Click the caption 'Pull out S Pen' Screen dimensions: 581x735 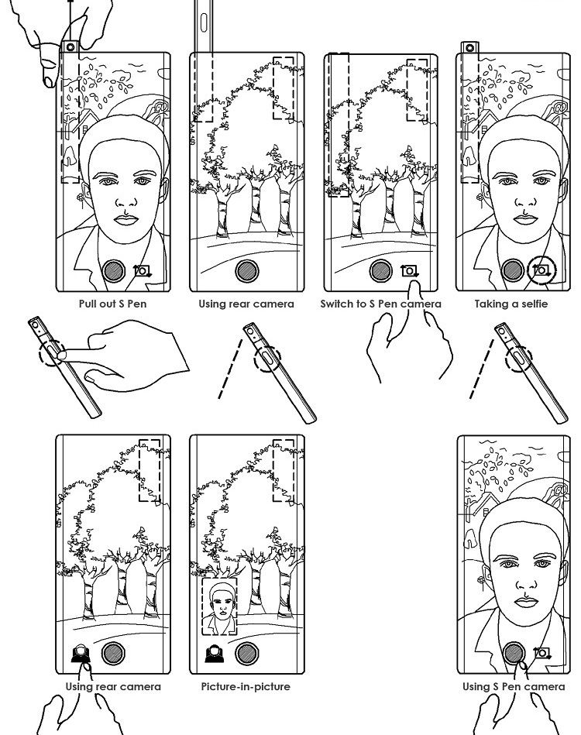pyautogui.click(x=112, y=304)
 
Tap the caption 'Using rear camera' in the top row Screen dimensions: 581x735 pyautogui.click(x=246, y=304)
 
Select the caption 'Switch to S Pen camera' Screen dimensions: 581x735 pyautogui.click(x=381, y=304)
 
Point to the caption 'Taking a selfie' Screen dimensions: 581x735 pyautogui.click(x=511, y=304)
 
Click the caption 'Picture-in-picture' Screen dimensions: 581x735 pyautogui.click(x=246, y=687)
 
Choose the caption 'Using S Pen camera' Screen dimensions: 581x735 pyautogui.click(x=514, y=687)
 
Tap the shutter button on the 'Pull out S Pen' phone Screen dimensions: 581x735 pyautogui.click(x=113, y=271)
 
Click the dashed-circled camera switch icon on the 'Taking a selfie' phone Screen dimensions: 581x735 pyautogui.click(x=541, y=270)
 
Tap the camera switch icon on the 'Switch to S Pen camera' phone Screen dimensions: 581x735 pyautogui.click(x=410, y=271)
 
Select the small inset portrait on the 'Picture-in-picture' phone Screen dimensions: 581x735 pyautogui.click(x=219, y=606)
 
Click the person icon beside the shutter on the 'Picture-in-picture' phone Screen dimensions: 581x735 pyautogui.click(x=215, y=654)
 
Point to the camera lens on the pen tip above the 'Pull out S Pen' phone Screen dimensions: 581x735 pyautogui.click(x=70, y=47)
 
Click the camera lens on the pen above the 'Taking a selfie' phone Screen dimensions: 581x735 pyautogui.click(x=469, y=47)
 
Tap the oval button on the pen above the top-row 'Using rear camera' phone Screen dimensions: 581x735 pyautogui.click(x=204, y=22)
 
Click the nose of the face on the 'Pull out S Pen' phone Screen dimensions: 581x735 pyautogui.click(x=125, y=200)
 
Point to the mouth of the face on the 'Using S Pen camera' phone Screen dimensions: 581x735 pyautogui.click(x=526, y=603)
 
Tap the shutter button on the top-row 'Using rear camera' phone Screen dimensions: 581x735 pyautogui.click(x=247, y=271)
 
